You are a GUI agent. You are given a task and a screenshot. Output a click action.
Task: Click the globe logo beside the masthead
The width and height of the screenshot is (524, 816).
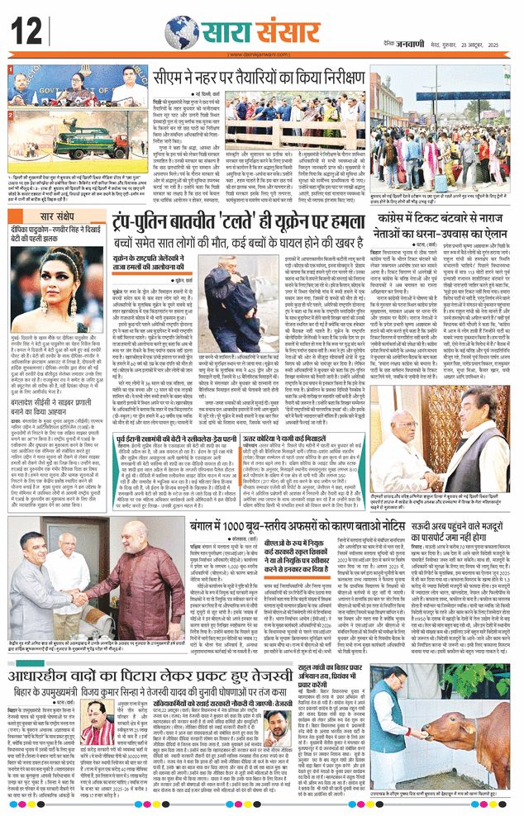(x=180, y=31)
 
